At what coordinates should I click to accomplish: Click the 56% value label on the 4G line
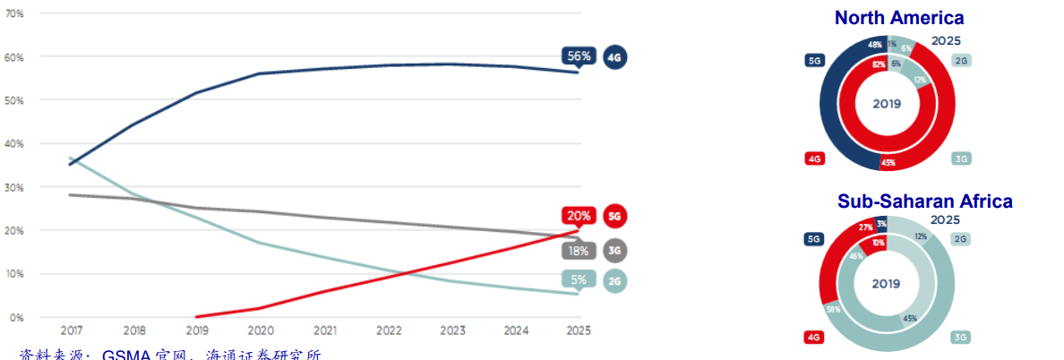(579, 56)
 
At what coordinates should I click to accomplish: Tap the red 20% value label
(579, 216)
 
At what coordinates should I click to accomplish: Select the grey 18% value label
(579, 250)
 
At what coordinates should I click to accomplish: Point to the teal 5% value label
(579, 280)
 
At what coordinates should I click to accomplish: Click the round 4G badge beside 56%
(614, 57)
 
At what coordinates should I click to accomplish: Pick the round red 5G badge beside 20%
(614, 216)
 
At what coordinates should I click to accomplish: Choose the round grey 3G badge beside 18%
(614, 250)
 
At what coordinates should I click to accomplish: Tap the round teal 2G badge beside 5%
(614, 281)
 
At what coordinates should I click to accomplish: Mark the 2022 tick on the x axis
(389, 330)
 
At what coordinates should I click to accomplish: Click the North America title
(898, 17)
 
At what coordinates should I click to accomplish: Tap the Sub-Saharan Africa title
(924, 201)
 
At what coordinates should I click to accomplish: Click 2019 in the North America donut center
(887, 104)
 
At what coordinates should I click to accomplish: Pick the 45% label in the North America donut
(888, 162)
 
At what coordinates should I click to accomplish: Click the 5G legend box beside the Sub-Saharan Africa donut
(813, 238)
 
